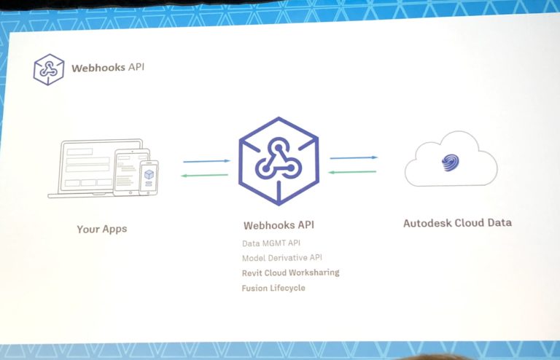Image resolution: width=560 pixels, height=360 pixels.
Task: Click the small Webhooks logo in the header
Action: [49, 70]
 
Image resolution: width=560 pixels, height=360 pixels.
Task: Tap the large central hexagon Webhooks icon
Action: [279, 160]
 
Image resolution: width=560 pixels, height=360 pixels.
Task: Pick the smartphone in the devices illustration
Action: [149, 178]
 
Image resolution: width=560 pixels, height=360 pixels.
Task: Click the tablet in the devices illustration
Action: [131, 171]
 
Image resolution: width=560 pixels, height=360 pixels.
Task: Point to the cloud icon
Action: [451, 160]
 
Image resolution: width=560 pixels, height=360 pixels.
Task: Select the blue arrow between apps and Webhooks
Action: [206, 161]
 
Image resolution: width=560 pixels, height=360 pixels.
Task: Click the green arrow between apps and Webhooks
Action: [206, 176]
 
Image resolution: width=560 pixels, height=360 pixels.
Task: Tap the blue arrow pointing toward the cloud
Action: [354, 157]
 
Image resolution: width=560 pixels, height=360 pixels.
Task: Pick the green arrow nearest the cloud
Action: [354, 172]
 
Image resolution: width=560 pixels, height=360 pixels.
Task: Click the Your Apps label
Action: [102, 229]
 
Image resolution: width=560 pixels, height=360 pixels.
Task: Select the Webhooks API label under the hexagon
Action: [279, 225]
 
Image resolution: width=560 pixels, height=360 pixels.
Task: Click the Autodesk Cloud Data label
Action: [457, 222]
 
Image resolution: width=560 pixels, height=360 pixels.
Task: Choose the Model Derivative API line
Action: [281, 258]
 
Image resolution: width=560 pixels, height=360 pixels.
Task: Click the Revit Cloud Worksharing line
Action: [290, 273]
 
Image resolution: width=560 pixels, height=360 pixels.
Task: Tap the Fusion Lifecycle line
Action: [273, 288]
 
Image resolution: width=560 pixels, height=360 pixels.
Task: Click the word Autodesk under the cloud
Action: [428, 222]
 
